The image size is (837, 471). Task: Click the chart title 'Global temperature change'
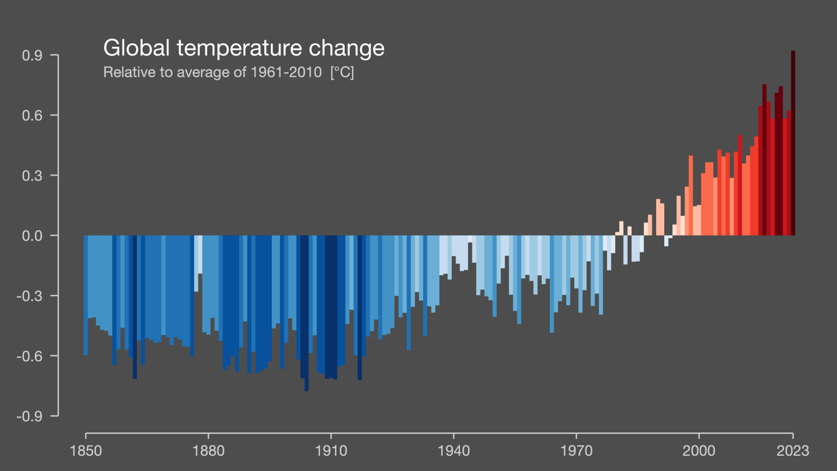(244, 48)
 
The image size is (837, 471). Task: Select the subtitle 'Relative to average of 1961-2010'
(213, 73)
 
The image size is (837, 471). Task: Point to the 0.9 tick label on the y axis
(32, 56)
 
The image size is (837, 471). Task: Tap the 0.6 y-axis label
(32, 116)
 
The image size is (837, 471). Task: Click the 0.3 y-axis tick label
(32, 176)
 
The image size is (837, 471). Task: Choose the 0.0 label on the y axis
(32, 236)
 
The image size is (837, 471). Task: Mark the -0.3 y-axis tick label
(30, 296)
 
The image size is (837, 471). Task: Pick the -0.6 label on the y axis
(30, 357)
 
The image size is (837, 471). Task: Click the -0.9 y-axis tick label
(30, 416)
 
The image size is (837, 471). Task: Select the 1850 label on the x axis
(86, 451)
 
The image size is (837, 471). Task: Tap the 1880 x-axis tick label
(208, 451)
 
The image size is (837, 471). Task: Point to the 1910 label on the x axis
(331, 451)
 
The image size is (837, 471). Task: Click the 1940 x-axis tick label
(453, 451)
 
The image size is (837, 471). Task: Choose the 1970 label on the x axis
(576, 451)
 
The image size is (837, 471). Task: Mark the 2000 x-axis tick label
(699, 451)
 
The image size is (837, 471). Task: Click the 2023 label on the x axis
(793, 451)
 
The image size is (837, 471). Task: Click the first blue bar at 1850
(86, 295)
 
